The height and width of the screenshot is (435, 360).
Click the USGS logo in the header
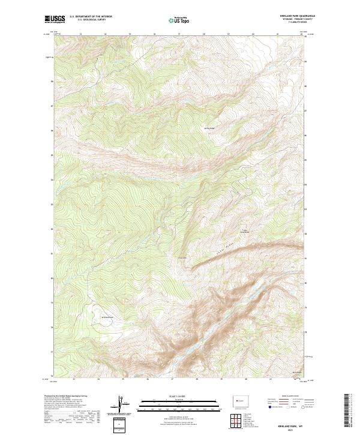(x=55, y=19)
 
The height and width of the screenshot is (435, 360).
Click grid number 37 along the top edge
(x=179, y=34)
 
